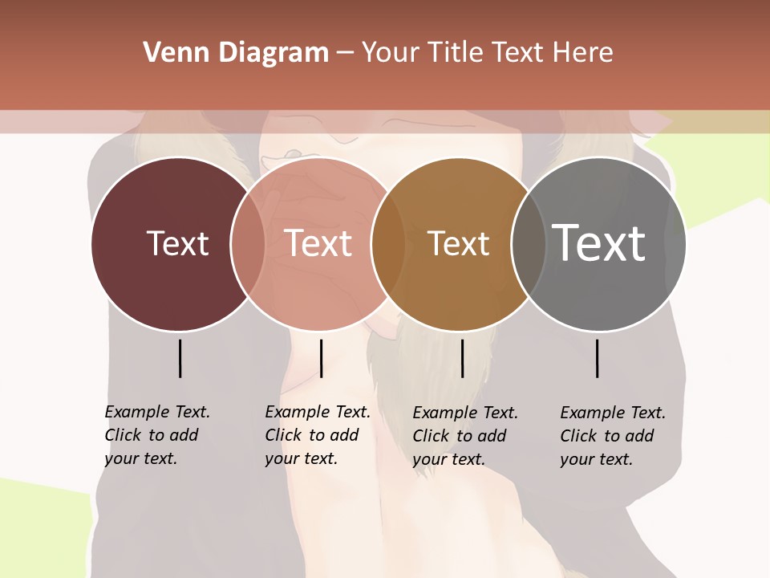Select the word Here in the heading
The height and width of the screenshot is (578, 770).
584,53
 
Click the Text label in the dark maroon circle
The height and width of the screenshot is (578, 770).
177,243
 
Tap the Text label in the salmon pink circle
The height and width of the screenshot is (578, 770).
318,243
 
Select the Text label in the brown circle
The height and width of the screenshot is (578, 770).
458,244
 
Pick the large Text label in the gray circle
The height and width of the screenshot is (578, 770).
599,243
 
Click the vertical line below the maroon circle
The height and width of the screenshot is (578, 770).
180,358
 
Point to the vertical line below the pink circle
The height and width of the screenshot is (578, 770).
321,358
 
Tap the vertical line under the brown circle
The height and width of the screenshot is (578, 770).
462,358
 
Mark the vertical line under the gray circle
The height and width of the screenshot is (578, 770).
598,358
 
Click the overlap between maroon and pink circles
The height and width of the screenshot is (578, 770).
249,243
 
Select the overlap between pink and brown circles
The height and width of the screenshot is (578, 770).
388,243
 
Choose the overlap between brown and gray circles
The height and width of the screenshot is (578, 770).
529,243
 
